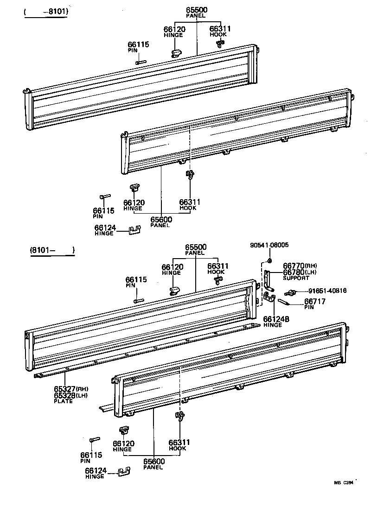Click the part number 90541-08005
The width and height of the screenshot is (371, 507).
[x=269, y=245]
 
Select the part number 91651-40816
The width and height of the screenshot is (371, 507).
[x=327, y=291]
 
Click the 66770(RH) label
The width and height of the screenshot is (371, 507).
[x=300, y=266]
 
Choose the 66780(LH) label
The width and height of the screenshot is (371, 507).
[x=300, y=272]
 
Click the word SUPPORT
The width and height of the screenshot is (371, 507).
[x=296, y=278]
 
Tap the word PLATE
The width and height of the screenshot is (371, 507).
[x=63, y=401]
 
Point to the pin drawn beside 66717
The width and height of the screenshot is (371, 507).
[x=284, y=302]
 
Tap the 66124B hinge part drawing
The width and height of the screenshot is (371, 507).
[x=269, y=297]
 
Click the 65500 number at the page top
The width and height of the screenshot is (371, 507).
[x=196, y=9]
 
